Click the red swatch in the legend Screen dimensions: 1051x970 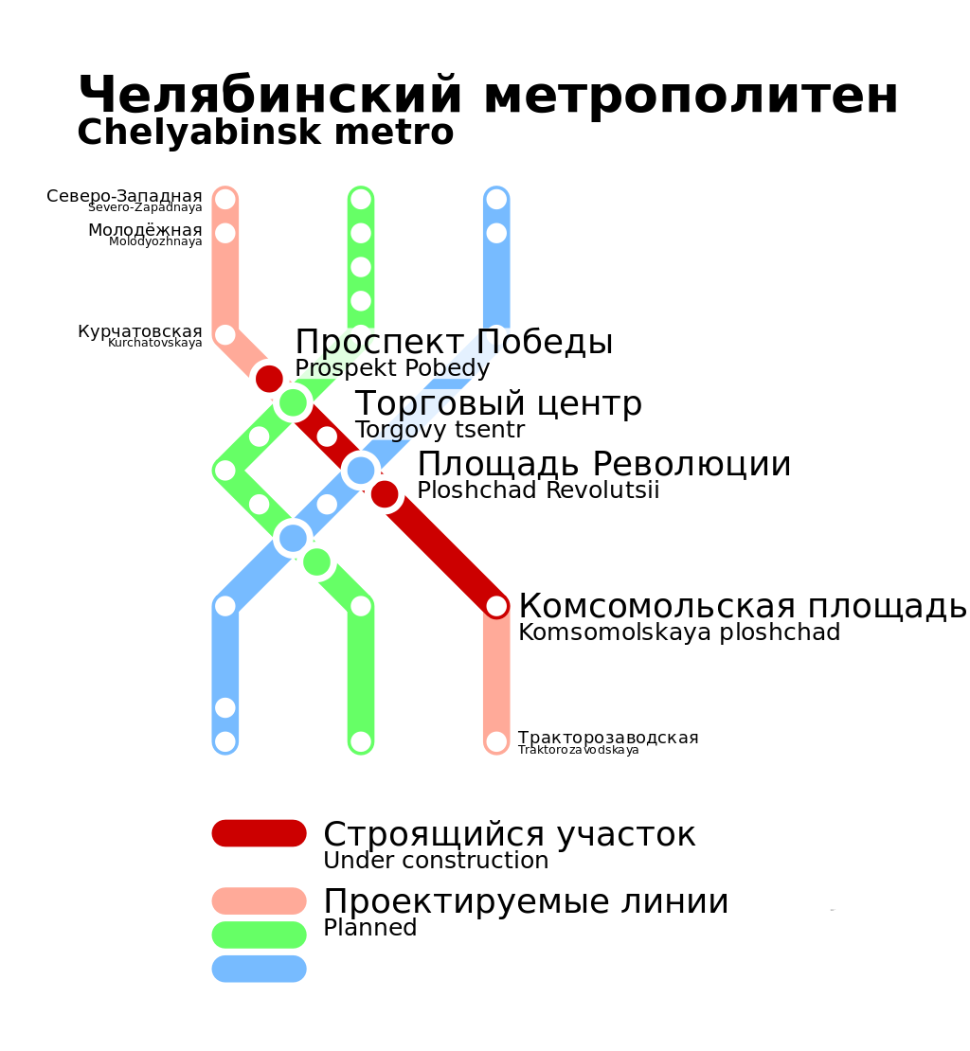259,833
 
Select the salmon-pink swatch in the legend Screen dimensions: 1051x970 259,900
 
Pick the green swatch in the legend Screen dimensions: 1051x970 259,935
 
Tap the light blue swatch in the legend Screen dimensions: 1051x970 259,969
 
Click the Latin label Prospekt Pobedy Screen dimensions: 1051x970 392,368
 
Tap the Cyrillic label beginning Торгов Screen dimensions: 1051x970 414,404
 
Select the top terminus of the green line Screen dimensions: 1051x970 361,199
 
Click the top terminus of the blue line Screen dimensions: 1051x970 496,199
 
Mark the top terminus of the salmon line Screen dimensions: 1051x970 225,199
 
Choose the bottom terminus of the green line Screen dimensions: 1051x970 361,741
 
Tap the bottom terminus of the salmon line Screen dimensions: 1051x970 496,741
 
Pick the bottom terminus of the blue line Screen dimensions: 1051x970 225,741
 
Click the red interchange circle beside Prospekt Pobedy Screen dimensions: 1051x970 269,379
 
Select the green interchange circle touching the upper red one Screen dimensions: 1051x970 294,402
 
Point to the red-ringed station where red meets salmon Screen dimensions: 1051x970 496,606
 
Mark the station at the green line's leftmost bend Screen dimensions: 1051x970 225,471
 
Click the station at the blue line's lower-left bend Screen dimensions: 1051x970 225,606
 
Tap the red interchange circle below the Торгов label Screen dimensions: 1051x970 385,494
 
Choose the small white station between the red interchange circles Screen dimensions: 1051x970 327,436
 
